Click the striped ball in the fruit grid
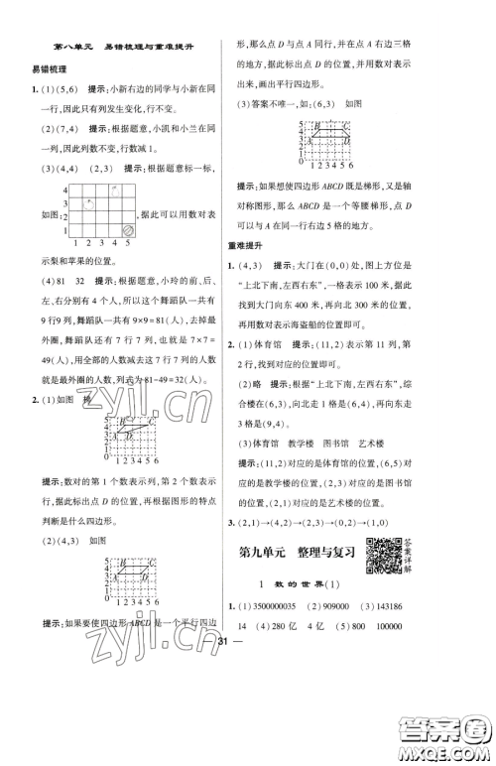click(x=129, y=228)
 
